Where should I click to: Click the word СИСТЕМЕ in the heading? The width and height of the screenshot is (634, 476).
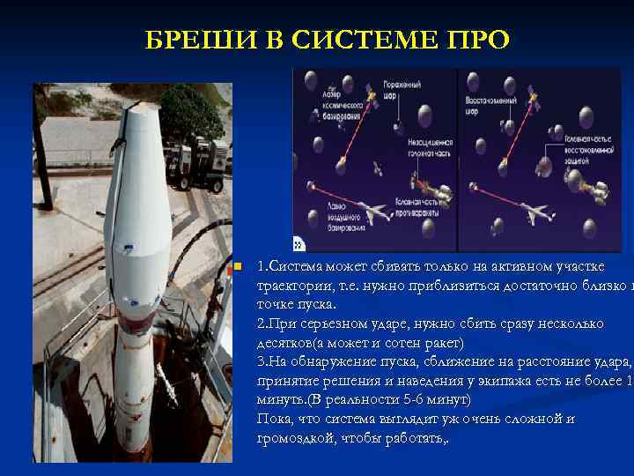(334, 41)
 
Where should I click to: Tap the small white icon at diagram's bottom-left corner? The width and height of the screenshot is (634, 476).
(299, 245)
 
